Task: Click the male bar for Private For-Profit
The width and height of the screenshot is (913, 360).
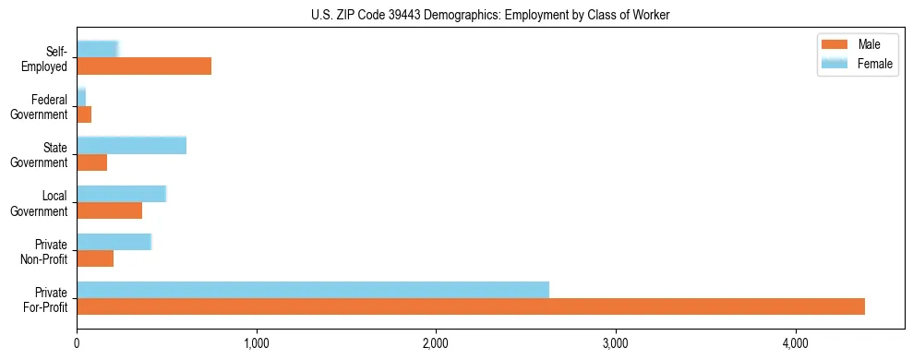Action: (x=471, y=306)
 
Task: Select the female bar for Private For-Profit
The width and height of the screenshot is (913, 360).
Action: (x=313, y=290)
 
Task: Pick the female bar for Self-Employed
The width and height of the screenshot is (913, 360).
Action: (x=98, y=49)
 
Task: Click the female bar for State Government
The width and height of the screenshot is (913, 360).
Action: (x=132, y=145)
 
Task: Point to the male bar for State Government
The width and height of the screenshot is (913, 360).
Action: (x=91, y=162)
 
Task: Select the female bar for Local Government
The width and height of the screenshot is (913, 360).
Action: (x=121, y=194)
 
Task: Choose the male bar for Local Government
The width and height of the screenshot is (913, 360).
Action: (x=109, y=210)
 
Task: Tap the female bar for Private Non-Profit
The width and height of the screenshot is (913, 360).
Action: (x=114, y=242)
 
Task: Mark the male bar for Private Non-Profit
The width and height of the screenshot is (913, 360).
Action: (x=95, y=258)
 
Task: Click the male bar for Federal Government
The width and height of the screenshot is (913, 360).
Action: (x=84, y=114)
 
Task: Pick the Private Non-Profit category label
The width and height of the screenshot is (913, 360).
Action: (x=45, y=250)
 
